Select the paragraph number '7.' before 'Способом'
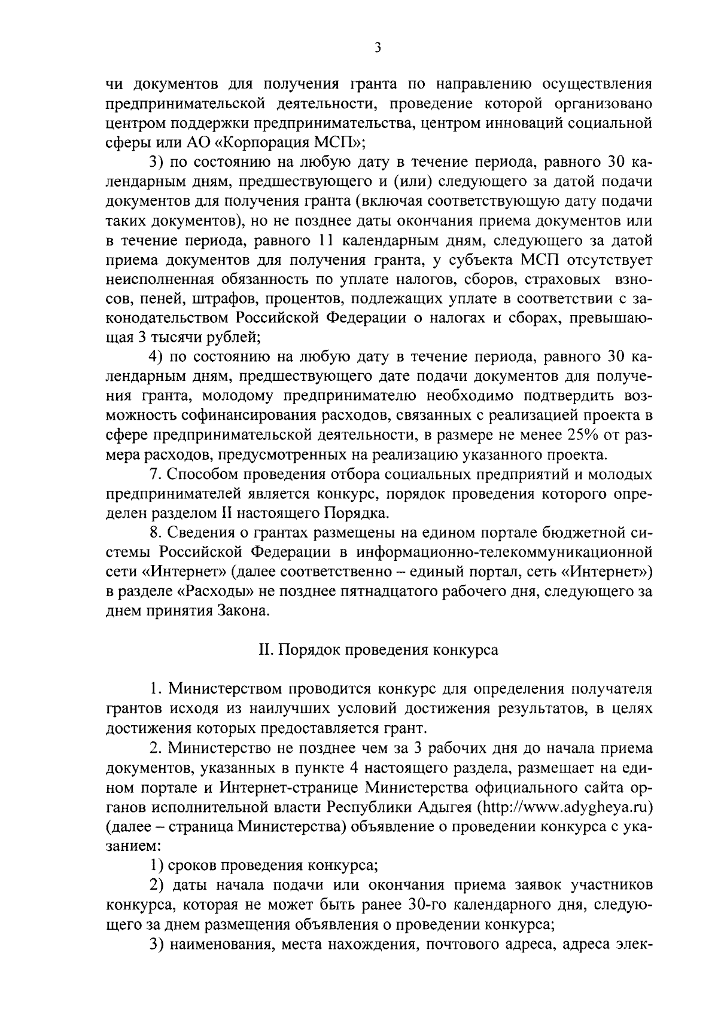pyautogui.click(x=156, y=475)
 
